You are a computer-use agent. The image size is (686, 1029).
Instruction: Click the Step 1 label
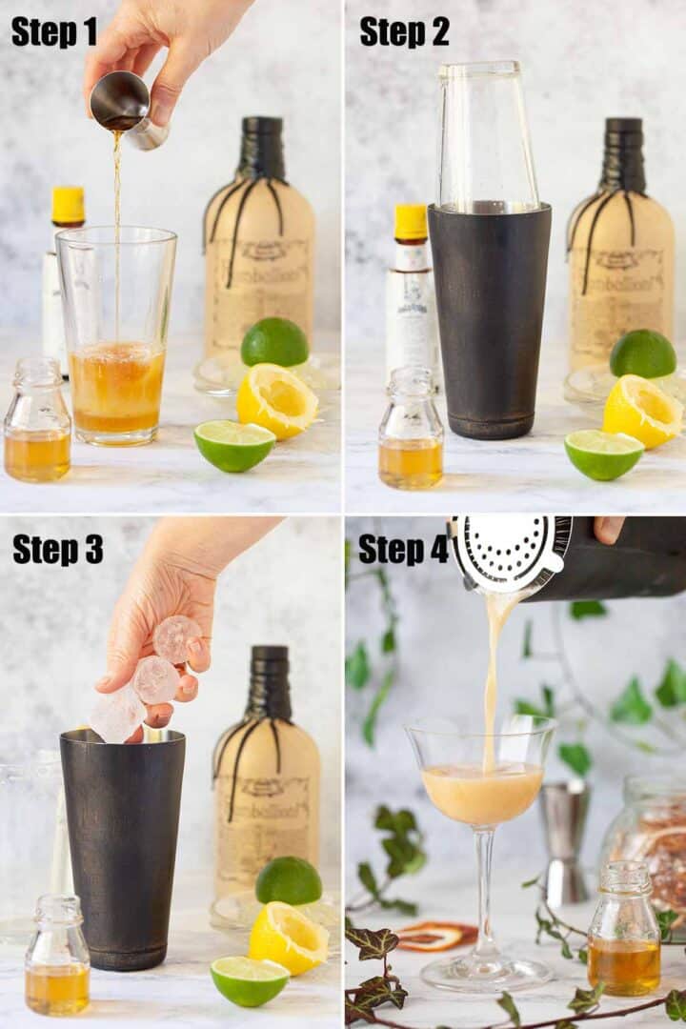click(x=53, y=31)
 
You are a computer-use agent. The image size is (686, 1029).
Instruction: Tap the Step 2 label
click(x=404, y=31)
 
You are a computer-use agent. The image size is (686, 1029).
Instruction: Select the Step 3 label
click(x=57, y=549)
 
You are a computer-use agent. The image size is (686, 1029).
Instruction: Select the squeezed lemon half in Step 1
click(x=276, y=400)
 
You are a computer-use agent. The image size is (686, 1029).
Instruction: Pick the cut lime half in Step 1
click(x=234, y=445)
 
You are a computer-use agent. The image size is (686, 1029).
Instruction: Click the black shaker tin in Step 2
click(x=489, y=319)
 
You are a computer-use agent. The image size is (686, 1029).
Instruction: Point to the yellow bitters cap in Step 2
click(x=411, y=222)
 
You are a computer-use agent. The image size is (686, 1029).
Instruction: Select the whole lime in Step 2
click(x=643, y=353)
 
